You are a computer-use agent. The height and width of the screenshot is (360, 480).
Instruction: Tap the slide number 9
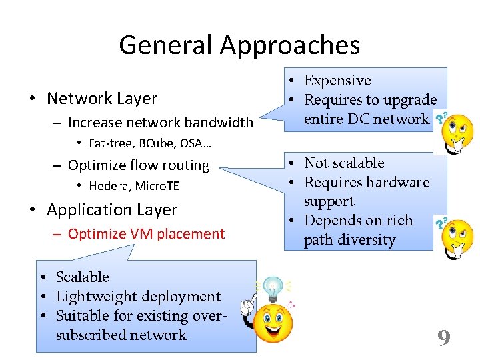(444, 338)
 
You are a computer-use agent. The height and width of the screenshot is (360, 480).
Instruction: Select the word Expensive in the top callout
(337, 81)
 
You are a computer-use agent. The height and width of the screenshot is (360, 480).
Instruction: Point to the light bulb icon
(272, 289)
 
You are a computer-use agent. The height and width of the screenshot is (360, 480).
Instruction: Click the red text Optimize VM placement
(146, 234)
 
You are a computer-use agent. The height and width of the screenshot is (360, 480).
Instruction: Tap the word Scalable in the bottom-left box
(82, 277)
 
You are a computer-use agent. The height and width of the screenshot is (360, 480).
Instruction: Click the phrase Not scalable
(344, 163)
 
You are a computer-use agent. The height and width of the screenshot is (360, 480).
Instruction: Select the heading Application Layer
(112, 210)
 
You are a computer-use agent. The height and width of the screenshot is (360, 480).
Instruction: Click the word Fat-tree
(109, 143)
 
